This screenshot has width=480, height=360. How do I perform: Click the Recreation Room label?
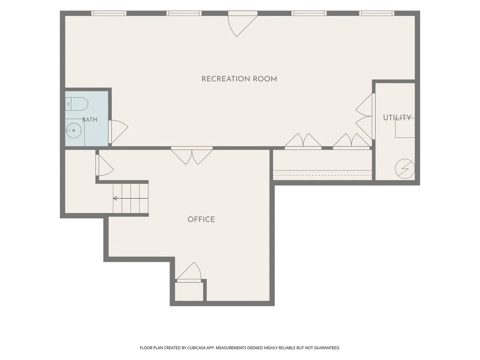pos(239,79)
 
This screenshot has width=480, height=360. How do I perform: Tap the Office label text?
pos(201,219)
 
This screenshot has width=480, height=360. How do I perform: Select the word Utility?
pos(397,118)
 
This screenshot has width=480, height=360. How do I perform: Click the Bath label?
pos(90,120)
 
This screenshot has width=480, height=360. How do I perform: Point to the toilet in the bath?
pos(76,104)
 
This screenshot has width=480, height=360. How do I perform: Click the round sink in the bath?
pos(74,131)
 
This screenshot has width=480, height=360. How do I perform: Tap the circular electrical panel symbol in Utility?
pos(405,168)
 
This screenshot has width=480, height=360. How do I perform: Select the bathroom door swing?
pos(118,132)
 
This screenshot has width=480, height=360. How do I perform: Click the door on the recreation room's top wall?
pos(242,24)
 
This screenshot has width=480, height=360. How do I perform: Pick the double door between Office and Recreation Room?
pos(192,156)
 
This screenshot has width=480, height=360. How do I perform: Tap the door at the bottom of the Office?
pos(189,272)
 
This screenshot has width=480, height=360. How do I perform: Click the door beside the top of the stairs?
pos(105,165)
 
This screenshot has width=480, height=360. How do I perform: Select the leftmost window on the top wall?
pos(109,13)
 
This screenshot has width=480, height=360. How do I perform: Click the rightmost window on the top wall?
pos(376,13)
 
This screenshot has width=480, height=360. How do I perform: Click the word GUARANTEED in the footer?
pos(328,348)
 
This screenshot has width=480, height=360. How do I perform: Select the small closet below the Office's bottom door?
pos(189,291)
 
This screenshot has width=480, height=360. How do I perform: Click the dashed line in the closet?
pos(322,175)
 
